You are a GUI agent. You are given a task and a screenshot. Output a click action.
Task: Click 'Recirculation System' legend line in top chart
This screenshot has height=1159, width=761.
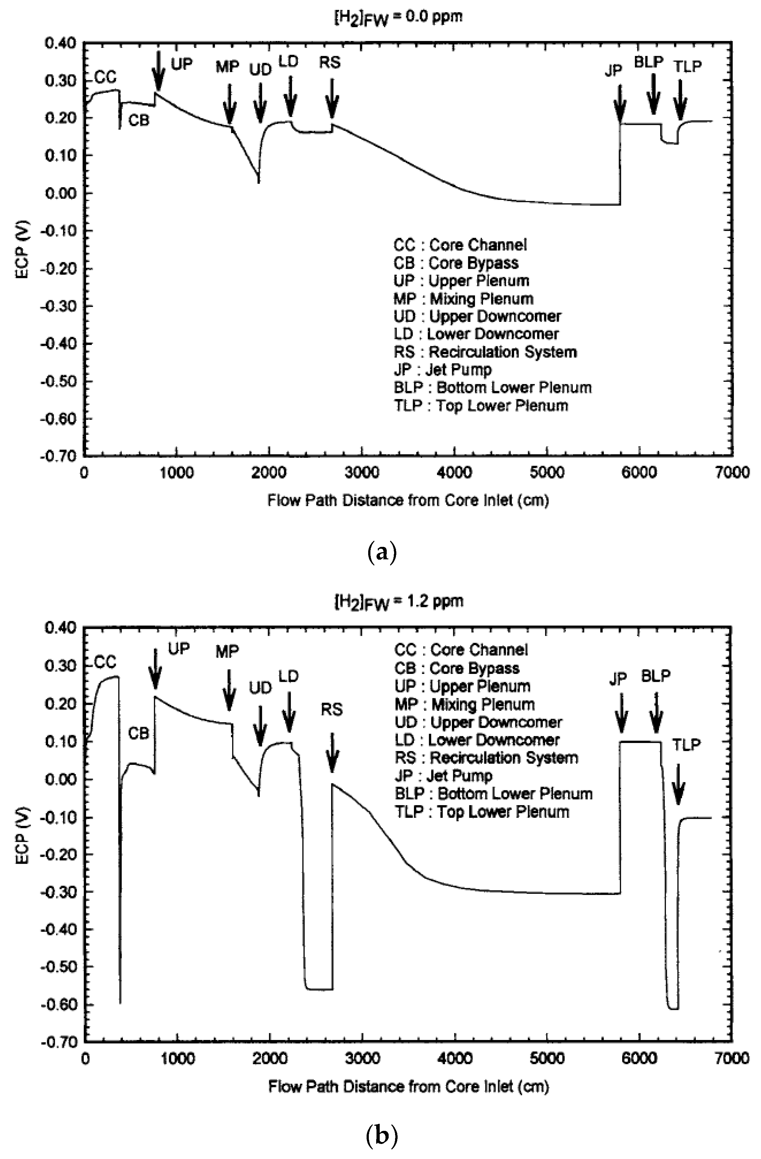pos(485,352)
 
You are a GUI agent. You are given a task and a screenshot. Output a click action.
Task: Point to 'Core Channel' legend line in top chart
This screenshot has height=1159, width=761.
pos(460,244)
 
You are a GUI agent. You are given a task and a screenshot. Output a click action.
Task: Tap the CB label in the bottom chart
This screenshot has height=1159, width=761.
pos(139,733)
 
